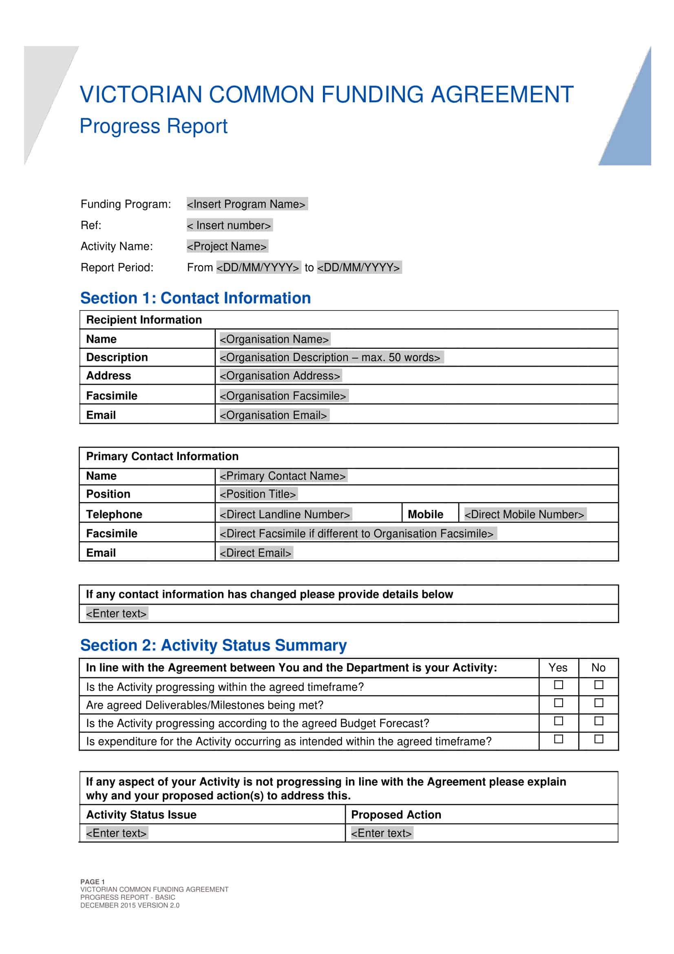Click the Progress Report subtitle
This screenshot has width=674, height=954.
point(153,126)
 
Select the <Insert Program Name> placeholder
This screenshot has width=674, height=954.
point(247,204)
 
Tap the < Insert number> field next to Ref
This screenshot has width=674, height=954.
point(229,225)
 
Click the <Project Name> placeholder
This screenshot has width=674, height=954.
point(227,247)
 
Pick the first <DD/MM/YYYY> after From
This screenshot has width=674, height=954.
point(258,268)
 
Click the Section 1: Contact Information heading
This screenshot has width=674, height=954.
point(195,298)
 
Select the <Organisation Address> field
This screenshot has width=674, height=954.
point(280,376)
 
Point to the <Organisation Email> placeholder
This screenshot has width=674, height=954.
point(274,415)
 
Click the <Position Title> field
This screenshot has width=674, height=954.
point(258,494)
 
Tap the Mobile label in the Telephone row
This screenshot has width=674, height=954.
point(425,514)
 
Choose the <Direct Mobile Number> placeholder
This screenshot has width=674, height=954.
point(524,514)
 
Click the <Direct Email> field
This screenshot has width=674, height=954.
point(255,553)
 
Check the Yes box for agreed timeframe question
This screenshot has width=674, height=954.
point(559,685)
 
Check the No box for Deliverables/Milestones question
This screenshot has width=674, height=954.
point(598,703)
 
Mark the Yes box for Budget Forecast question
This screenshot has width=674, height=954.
point(559,721)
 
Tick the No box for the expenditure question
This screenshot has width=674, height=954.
point(598,739)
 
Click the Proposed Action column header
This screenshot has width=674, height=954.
point(396,815)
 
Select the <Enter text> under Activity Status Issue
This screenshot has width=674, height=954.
point(117,833)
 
